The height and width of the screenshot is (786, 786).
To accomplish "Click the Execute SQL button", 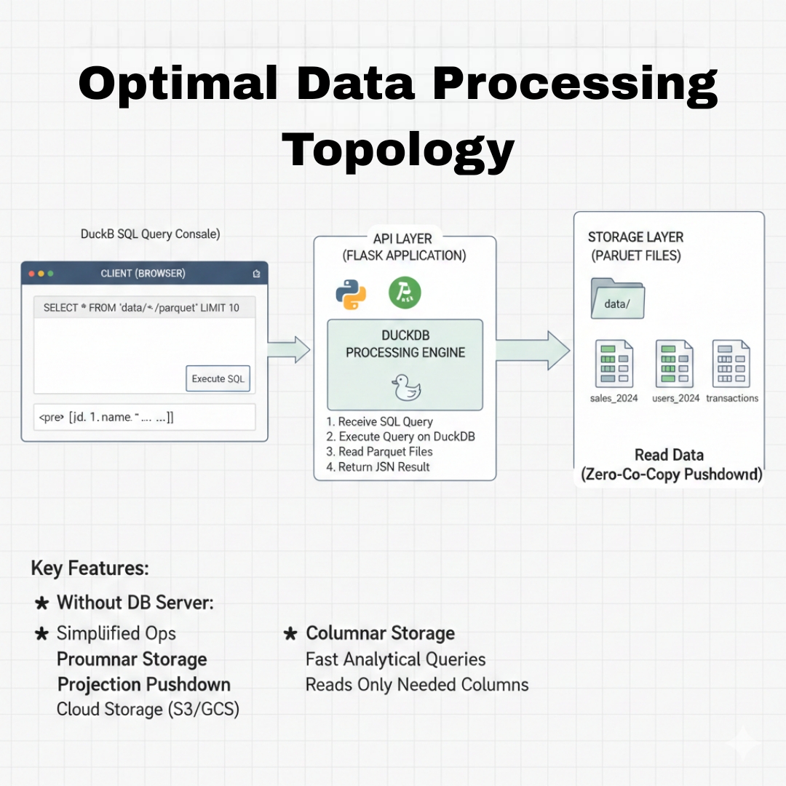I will pos(218,378).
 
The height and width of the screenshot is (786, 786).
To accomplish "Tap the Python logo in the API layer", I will pos(350,293).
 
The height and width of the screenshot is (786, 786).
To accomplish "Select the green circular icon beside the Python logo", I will pos(405,293).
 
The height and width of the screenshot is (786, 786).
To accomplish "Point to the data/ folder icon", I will pos(618,298).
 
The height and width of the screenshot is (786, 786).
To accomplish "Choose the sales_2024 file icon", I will pos(614,364).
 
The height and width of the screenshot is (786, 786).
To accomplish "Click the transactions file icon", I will pos(731,364).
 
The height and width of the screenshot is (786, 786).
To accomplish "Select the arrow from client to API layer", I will pos(289,349).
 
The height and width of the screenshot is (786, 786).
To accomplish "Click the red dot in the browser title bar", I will pos(32,274).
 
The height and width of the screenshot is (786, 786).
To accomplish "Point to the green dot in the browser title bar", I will pos(50,274).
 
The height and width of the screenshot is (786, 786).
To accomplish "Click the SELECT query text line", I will pos(141,308).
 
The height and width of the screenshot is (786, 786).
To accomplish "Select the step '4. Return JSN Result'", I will pos(378,467).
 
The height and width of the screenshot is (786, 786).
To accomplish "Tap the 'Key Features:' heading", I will pos(90,568).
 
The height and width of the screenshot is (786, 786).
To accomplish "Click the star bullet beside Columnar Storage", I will pos(290,634).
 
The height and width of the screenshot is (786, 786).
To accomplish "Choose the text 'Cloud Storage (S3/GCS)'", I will pos(148,709).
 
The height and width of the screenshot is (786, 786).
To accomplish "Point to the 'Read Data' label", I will pos(669,455).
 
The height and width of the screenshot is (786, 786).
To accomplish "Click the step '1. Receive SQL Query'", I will pos(380,421).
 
